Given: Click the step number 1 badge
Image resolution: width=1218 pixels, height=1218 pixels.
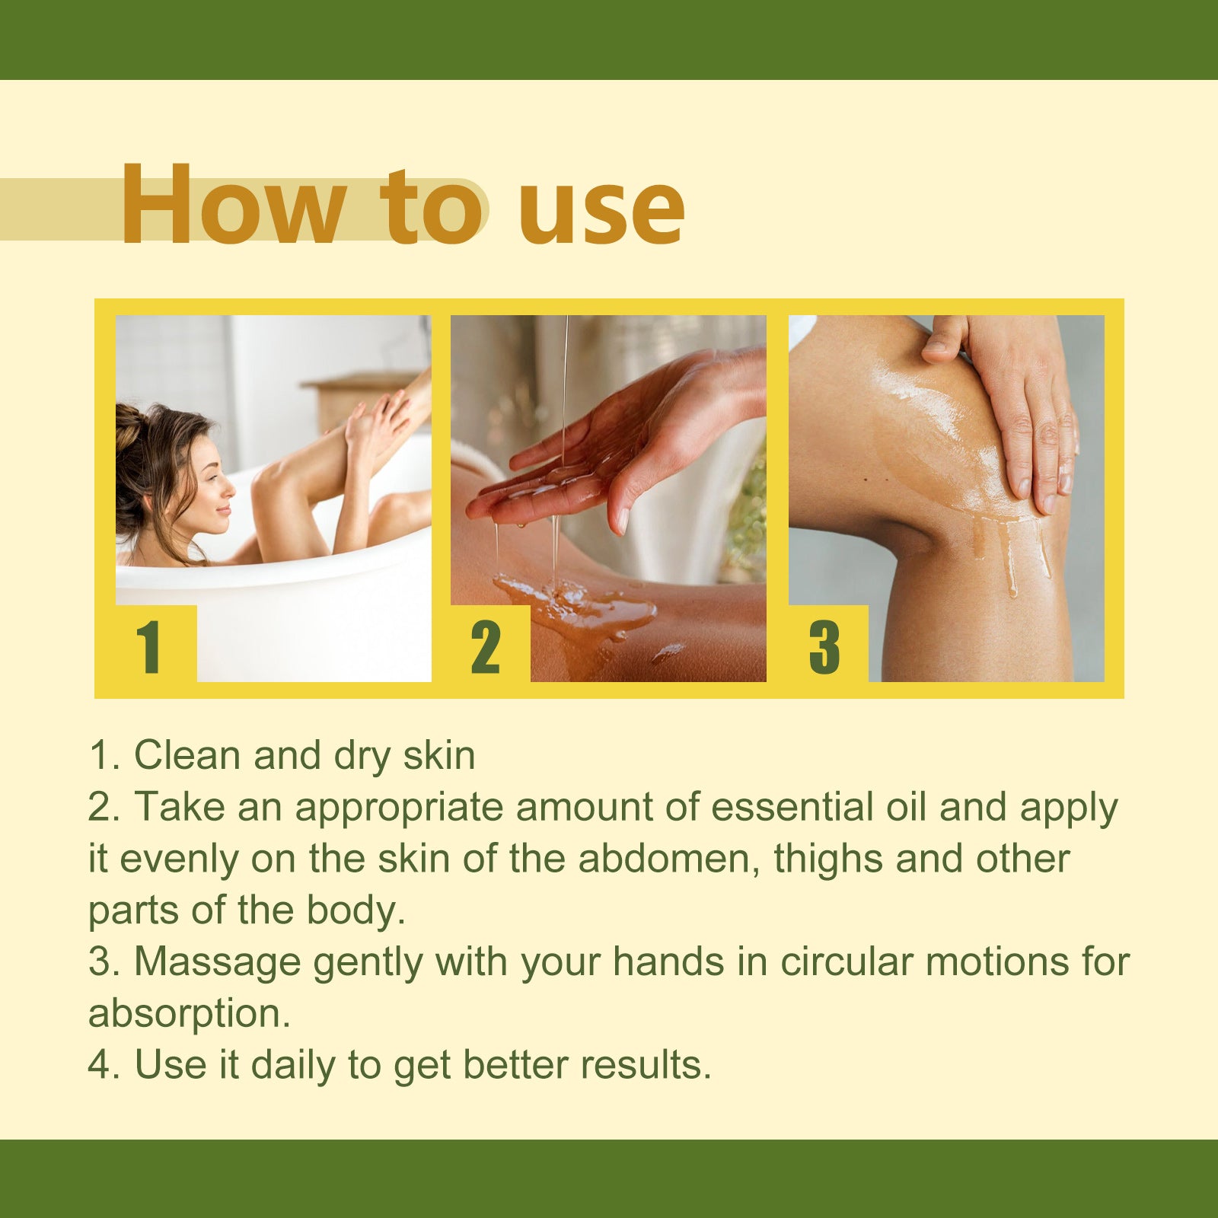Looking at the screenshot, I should (149, 647).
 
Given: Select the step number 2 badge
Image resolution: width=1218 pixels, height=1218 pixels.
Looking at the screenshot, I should (486, 647).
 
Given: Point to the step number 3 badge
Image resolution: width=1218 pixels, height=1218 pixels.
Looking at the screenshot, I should (824, 647).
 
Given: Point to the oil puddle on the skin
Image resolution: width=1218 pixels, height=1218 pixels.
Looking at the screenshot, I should (579, 605).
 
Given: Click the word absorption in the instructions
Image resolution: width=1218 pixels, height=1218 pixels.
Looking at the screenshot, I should (189, 1014).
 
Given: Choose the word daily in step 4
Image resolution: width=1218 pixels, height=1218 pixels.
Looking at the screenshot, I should (293, 1065).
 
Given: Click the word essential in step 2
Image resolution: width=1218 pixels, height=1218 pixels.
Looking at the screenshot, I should (792, 807).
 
